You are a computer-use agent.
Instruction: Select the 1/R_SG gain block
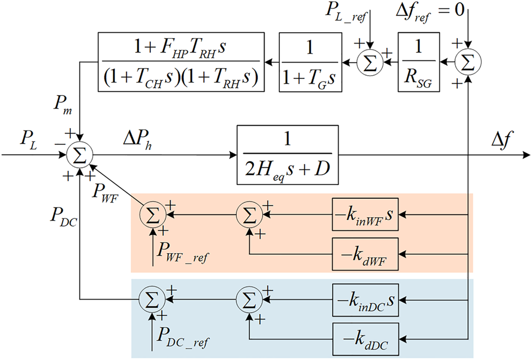coord(418,62)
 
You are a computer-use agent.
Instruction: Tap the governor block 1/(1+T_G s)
coord(309,62)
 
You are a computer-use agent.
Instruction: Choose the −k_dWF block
coord(365,254)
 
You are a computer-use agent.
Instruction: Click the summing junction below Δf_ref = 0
coord(468,62)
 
